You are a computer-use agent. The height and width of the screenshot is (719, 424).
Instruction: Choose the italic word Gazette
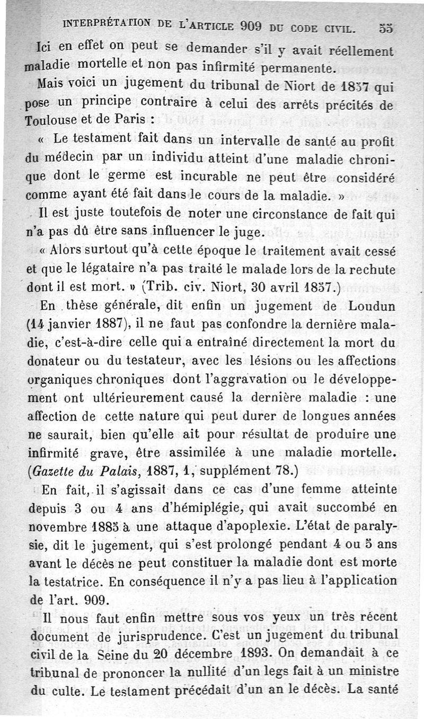tap(51, 470)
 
